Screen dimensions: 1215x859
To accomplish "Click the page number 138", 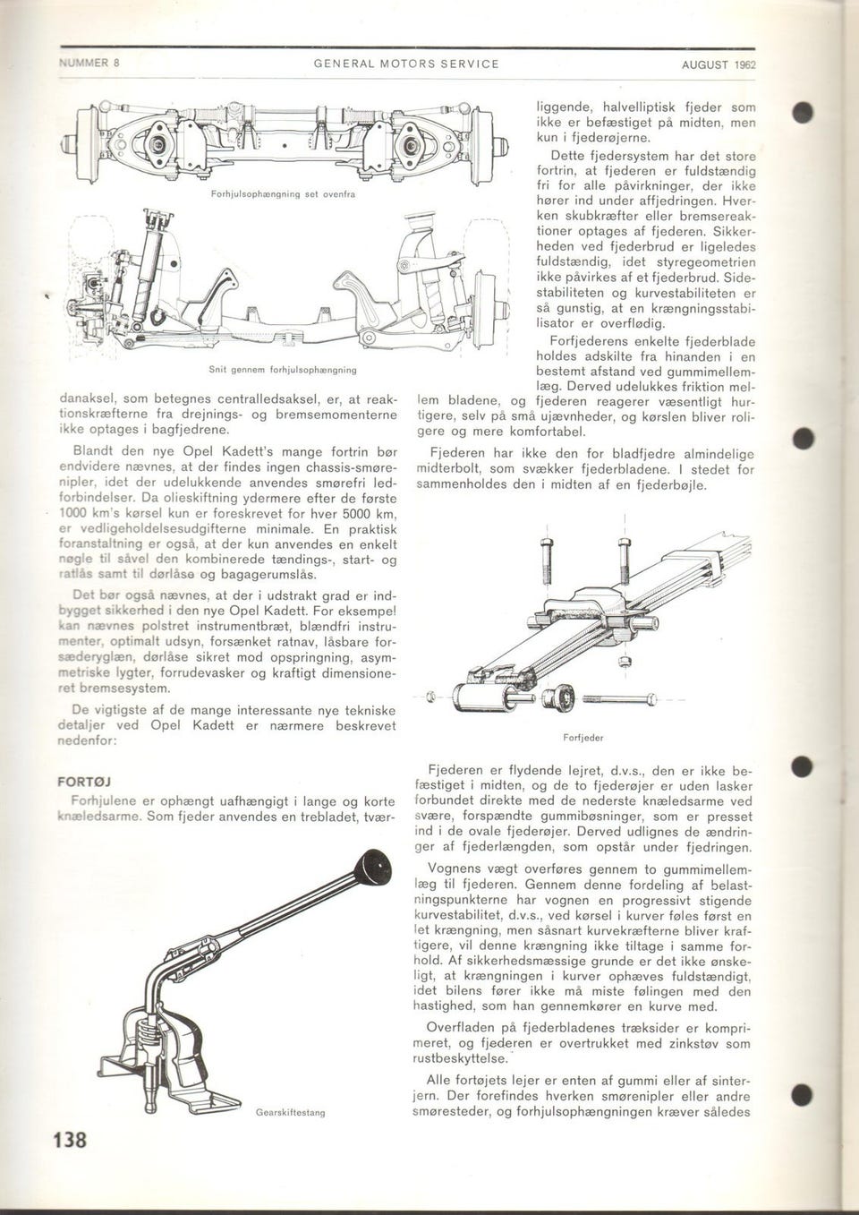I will [x=70, y=1140].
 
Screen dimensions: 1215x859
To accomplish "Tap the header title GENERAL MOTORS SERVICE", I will [x=406, y=64].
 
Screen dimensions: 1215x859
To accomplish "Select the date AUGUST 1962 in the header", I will [x=719, y=64].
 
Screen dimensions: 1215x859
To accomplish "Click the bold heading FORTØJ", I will [x=83, y=781].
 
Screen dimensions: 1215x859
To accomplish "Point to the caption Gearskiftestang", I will [x=290, y=1112].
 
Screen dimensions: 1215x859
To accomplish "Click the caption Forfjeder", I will [x=583, y=738].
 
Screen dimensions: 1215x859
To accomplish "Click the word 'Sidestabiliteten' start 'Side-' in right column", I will [x=738, y=277].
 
